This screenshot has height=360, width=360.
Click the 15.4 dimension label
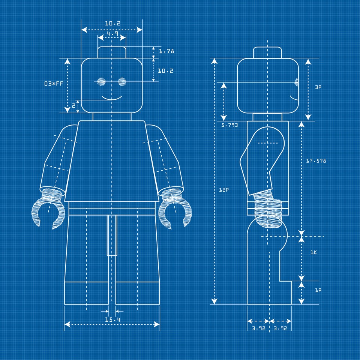click(112, 320)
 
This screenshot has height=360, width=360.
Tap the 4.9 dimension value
click(112, 34)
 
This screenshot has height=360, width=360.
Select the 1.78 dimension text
click(166, 51)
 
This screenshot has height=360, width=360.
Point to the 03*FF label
click(53, 84)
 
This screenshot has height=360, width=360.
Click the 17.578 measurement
click(316, 161)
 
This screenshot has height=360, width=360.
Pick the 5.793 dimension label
click(229, 125)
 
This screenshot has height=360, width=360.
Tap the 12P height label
click(224, 190)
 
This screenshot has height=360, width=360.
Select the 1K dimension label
click(313, 252)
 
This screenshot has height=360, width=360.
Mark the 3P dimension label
click(318, 87)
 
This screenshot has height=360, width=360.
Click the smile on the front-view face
click(112, 98)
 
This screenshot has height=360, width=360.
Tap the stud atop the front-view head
click(112, 52)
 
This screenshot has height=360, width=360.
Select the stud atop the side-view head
click(267, 52)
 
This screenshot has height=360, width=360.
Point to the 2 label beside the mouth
click(73, 106)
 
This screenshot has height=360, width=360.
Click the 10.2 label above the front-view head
click(112, 24)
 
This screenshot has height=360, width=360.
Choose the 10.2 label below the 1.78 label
click(165, 70)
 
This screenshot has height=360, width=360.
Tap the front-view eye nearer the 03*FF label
click(101, 81)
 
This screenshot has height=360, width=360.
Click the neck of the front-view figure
click(112, 117)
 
